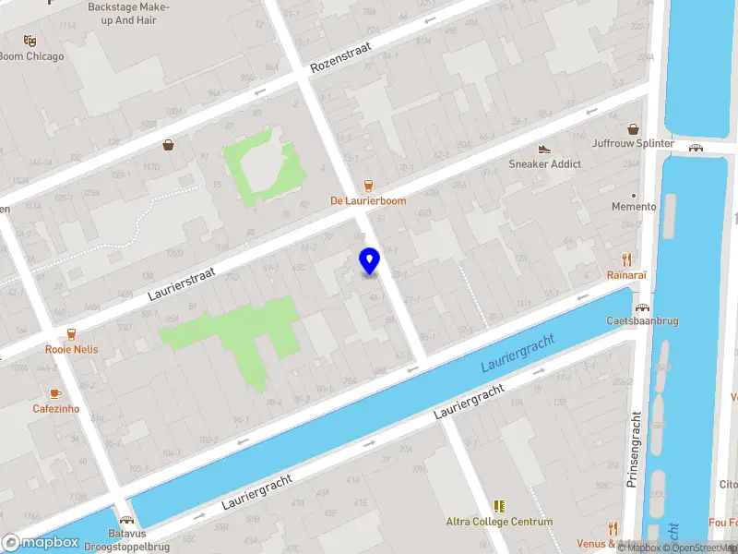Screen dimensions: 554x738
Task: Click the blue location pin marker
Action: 369,261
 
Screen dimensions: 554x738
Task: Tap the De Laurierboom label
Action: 368,200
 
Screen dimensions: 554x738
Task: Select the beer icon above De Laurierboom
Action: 369,184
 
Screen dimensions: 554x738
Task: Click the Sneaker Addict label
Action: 545,164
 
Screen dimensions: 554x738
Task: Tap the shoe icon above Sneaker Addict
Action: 544,149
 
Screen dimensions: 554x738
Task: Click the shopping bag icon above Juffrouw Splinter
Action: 634,128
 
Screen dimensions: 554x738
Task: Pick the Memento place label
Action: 634,207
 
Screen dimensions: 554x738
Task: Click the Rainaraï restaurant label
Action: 627,275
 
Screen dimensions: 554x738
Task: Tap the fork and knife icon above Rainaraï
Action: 627,259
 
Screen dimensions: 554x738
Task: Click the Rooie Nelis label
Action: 71,350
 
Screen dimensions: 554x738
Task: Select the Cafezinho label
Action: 56,409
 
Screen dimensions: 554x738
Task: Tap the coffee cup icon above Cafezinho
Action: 55,393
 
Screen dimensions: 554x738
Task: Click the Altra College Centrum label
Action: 499,522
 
